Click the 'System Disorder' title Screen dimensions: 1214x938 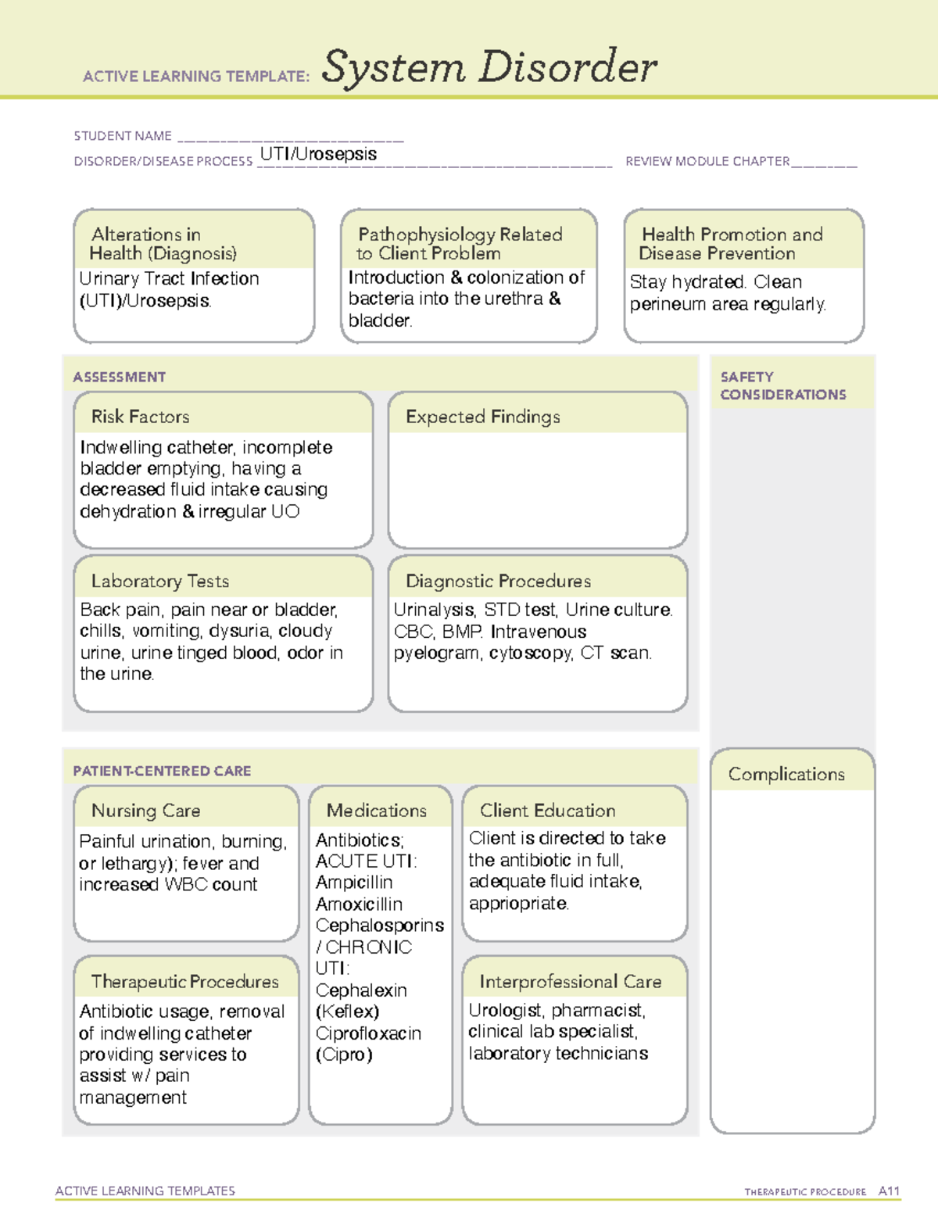click(489, 67)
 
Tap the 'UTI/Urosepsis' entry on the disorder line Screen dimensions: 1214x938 click(318, 154)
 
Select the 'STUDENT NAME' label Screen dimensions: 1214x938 click(123, 136)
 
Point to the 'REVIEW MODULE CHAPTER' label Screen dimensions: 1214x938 click(707, 162)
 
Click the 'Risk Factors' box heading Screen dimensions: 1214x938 click(141, 417)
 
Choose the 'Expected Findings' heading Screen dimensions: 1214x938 click(482, 417)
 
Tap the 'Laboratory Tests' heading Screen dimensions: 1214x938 click(160, 582)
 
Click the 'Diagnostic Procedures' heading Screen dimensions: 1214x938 click(498, 582)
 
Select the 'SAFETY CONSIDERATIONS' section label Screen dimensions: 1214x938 click(782, 386)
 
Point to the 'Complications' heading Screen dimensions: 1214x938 click(786, 775)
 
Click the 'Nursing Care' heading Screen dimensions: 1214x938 click(146, 811)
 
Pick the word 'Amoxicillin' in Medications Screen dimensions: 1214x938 click(359, 904)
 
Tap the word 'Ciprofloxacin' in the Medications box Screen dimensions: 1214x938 click(368, 1033)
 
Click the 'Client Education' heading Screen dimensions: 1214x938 click(547, 811)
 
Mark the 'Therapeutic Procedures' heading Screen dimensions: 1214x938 click(184, 982)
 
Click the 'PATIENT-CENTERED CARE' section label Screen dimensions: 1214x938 click(162, 772)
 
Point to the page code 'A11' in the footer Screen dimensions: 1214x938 click(889, 1191)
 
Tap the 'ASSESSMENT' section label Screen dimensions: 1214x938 click(120, 378)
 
